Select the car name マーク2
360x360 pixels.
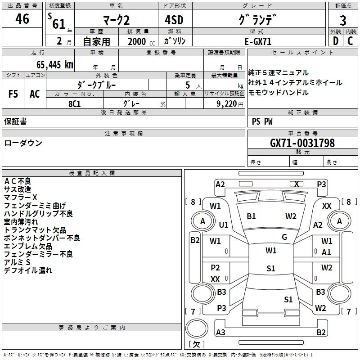[x=116, y=21]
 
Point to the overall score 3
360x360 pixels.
[x=343, y=21]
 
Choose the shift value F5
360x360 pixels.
[x=13, y=94]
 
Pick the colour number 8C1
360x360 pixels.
[x=75, y=103]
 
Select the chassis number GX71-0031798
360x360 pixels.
[x=302, y=144]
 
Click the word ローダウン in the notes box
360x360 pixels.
[x=23, y=143]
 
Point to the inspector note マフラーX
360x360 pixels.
[x=21, y=198]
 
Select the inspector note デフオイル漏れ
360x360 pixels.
[x=28, y=270]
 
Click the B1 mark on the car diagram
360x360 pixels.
[x=251, y=216]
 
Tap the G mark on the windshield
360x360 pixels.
[x=284, y=237]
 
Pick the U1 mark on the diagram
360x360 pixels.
[x=224, y=225]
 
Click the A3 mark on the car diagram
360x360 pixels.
[x=220, y=333]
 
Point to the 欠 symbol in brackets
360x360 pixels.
[x=196, y=344]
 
